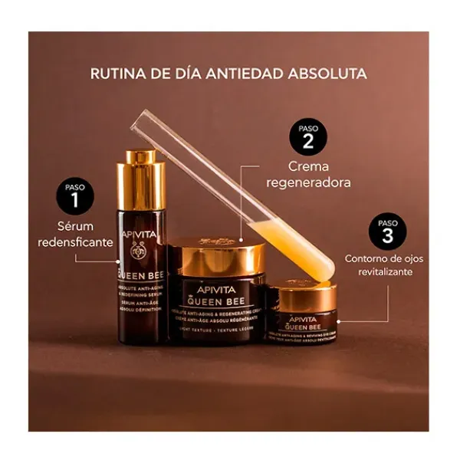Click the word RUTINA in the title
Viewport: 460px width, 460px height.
pyautogui.click(x=116, y=74)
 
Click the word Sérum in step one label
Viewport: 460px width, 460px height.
pyautogui.click(x=75, y=227)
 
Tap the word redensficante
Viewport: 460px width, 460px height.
pyautogui.click(x=75, y=242)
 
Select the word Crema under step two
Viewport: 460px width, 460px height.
pyautogui.click(x=308, y=166)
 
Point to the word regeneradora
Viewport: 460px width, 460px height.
pyautogui.click(x=308, y=182)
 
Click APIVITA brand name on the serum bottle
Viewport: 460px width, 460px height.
pyautogui.click(x=139, y=235)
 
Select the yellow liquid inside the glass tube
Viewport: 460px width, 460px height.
pyautogui.click(x=300, y=245)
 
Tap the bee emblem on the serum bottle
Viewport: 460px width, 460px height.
pyautogui.click(x=140, y=250)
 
